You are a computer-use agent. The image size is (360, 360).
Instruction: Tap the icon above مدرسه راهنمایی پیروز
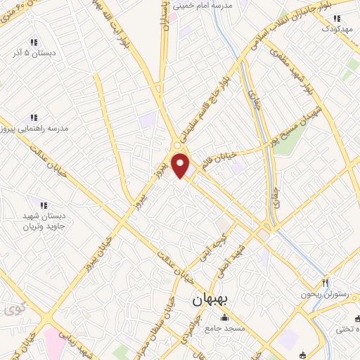point(33,118)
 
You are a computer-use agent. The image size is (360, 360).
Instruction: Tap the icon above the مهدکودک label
point(337,18)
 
